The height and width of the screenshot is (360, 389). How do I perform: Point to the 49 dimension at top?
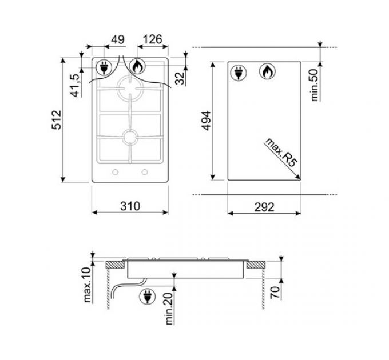point(117,40)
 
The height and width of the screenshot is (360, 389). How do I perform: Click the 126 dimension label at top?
point(151,40)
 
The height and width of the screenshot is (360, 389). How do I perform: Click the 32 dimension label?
point(181,78)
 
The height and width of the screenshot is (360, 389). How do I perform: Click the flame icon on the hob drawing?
point(138,67)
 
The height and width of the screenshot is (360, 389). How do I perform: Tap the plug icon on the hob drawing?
point(105,67)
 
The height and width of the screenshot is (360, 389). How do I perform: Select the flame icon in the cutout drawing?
point(267,71)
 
